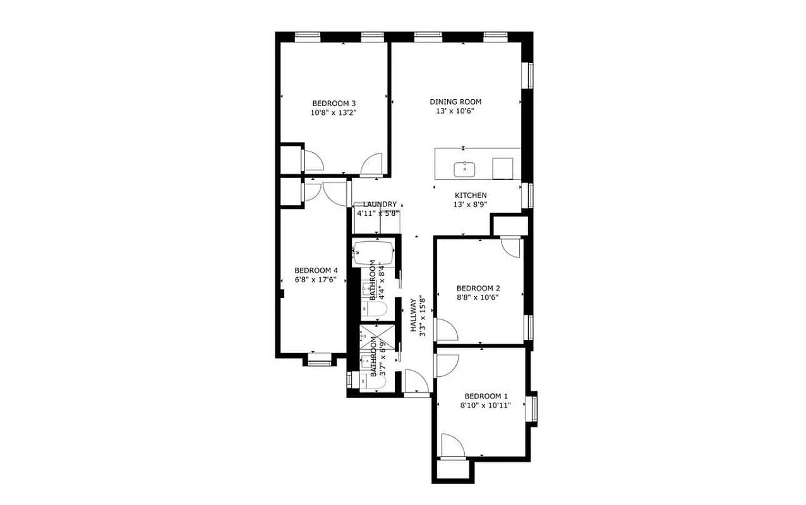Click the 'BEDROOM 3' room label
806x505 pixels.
coord(334,104)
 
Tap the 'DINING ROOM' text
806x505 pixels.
coord(455,102)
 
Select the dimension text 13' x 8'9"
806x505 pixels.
coord(471,205)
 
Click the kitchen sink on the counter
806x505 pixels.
coord(465,169)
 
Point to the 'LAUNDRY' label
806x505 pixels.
coord(380,205)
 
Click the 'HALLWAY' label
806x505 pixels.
coord(414,315)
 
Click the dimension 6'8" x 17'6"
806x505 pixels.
coord(316,280)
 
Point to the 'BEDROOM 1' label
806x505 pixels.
coord(486,396)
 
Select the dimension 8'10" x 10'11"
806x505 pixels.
coord(486,406)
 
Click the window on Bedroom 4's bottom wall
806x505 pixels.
coord(319,362)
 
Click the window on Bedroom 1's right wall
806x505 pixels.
coord(534,408)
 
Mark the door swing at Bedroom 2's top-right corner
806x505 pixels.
coord(510,247)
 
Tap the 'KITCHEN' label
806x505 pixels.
coord(471,195)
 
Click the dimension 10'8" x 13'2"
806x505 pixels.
coord(334,113)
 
